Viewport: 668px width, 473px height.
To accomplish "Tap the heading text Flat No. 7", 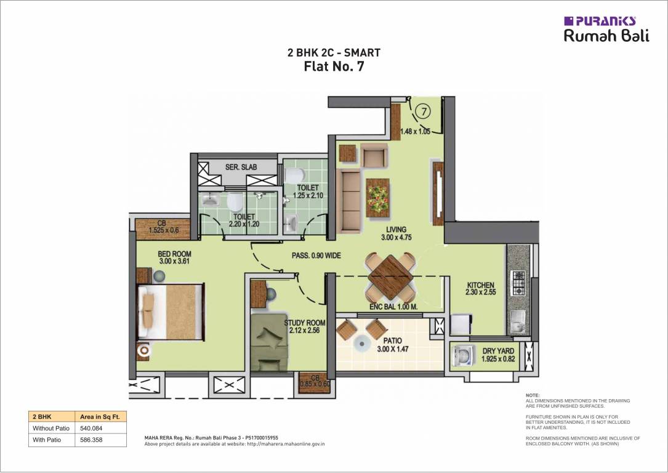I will [x=334, y=67].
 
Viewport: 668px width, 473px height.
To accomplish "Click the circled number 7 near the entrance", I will [x=422, y=111].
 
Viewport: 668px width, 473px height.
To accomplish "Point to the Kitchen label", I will [x=480, y=285].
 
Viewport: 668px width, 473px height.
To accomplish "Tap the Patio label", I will [x=392, y=341].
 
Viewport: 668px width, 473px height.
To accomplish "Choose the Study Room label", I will [x=304, y=323].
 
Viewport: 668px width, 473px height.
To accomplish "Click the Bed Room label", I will [x=174, y=254].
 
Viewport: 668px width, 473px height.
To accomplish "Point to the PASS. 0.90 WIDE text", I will [x=316, y=256].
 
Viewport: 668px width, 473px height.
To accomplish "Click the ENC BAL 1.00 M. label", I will [x=393, y=306].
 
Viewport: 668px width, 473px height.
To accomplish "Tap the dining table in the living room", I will [x=389, y=275].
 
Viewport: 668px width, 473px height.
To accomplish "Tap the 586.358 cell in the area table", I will [x=91, y=440].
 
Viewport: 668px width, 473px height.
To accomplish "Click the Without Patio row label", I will [x=50, y=428].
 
